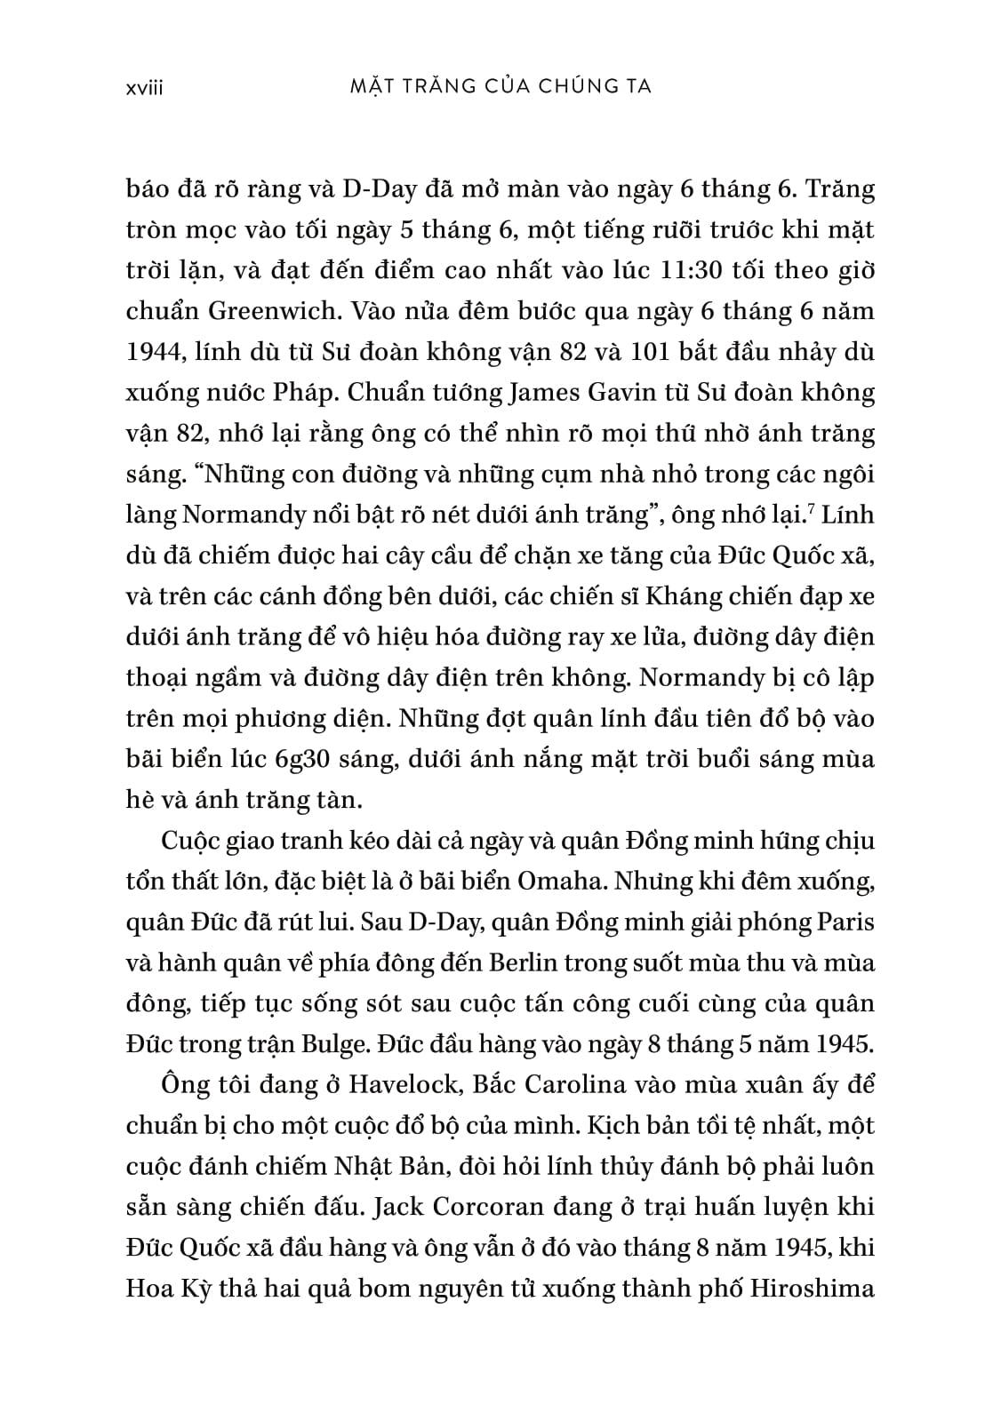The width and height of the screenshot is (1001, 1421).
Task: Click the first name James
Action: pos(516,394)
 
